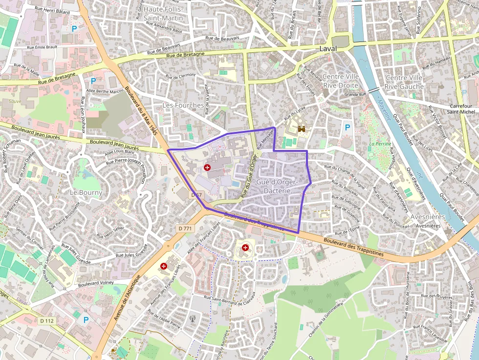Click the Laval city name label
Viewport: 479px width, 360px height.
328,49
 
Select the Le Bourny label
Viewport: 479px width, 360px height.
86,192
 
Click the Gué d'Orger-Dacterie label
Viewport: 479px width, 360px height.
277,186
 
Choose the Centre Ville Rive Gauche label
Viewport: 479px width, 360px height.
404,82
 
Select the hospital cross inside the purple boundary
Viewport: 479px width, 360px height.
207,168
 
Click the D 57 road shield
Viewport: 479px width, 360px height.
196,195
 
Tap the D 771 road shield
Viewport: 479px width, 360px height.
185,228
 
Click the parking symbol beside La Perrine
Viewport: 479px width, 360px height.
348,127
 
